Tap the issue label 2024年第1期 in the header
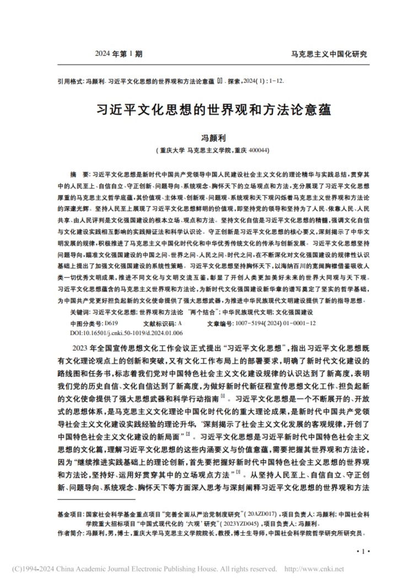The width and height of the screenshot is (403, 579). pos(119,54)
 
